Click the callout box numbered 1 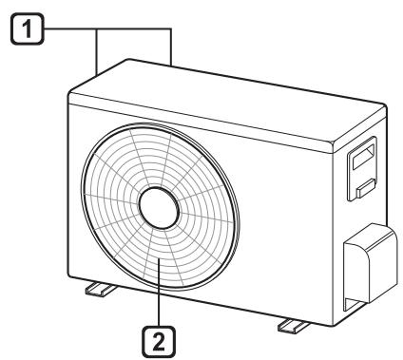pyautogui.click(x=28, y=28)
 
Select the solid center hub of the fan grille pyautogui.click(x=159, y=208)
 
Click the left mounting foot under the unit pyautogui.click(x=101, y=290)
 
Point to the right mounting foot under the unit pyautogui.click(x=294, y=326)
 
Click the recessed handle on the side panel pyautogui.click(x=362, y=168)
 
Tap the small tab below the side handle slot pyautogui.click(x=366, y=188)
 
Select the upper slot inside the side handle pyautogui.click(x=364, y=157)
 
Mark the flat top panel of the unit pyautogui.click(x=227, y=101)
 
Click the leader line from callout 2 pyautogui.click(x=159, y=293)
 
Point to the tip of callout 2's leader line pyautogui.click(x=159, y=259)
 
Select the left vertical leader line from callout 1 pyautogui.click(x=97, y=52)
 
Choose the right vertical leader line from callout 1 pyautogui.click(x=171, y=47)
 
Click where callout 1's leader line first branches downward pyautogui.click(x=97, y=29)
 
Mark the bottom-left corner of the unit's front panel pyautogui.click(x=68, y=276)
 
